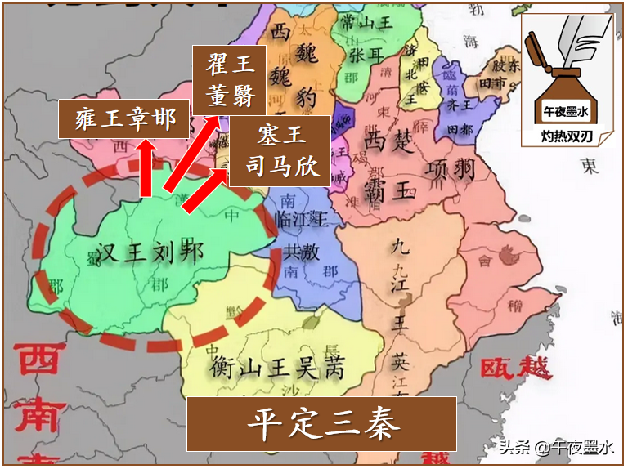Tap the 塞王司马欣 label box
point(280,151)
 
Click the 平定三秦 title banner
point(321,424)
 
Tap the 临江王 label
point(302,218)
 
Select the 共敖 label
point(300,252)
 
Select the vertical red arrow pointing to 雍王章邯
point(146,167)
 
